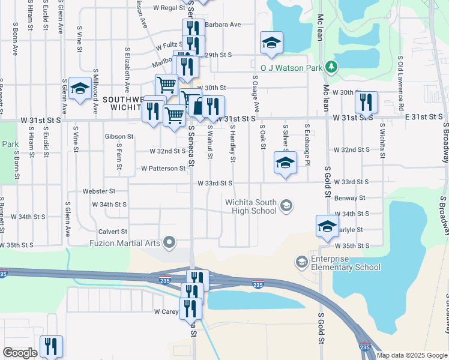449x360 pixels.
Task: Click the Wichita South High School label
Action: (x=252, y=206)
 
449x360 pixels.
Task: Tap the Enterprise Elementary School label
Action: (x=346, y=262)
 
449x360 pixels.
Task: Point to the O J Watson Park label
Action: (x=291, y=68)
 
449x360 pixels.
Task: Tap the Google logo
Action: (x=20, y=353)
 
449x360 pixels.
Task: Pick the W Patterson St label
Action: (x=163, y=169)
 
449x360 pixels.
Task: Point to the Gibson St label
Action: (x=118, y=136)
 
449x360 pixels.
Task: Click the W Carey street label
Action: (x=166, y=312)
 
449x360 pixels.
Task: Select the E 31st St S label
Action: (x=424, y=118)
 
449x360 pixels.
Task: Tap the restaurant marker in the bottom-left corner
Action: (x=50, y=346)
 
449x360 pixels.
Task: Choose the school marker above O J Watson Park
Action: (x=271, y=42)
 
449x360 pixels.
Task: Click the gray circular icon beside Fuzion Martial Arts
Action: (x=170, y=242)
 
